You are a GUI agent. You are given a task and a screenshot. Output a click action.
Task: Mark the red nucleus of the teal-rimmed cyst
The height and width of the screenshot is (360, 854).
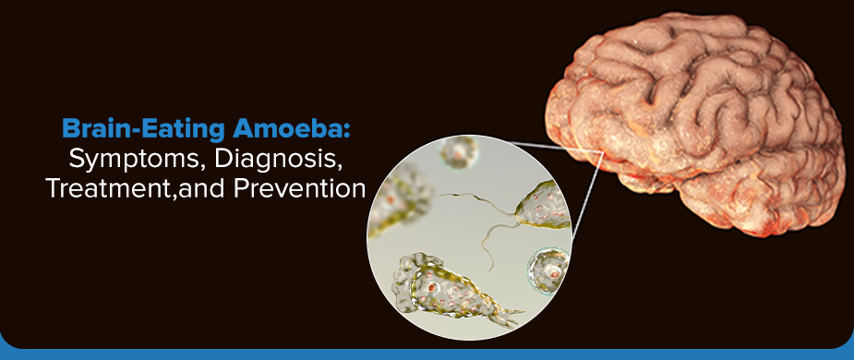tap(550, 270)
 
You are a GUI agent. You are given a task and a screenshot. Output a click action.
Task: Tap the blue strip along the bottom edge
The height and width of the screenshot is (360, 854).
tap(427, 354)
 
